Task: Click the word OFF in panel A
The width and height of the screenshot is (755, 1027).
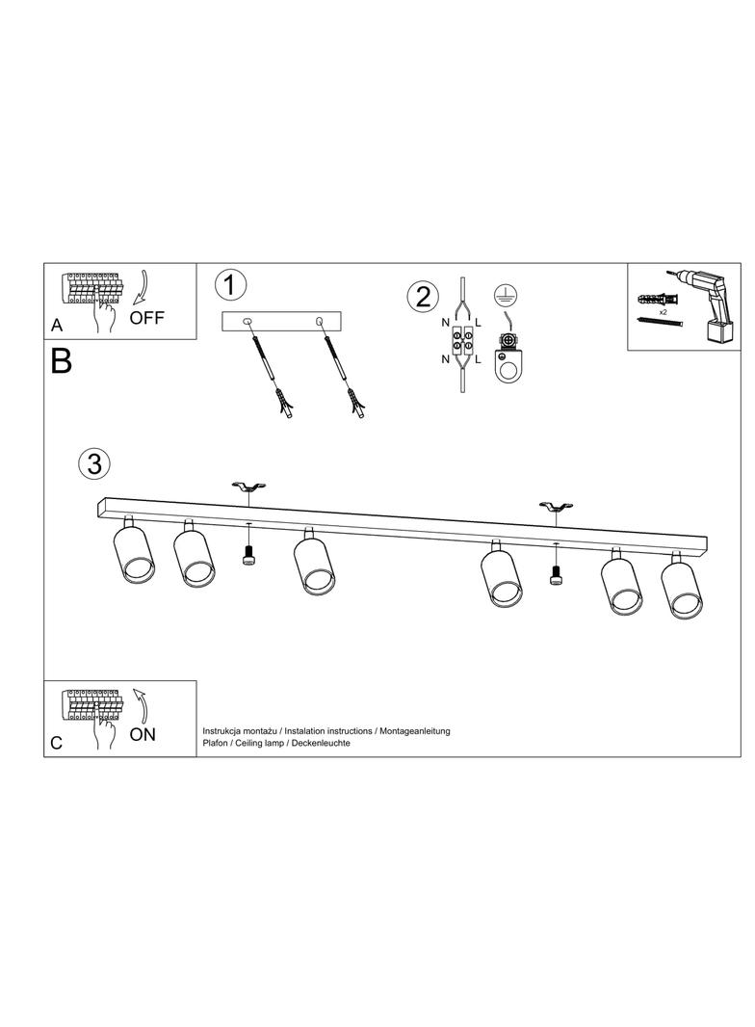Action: pos(146,318)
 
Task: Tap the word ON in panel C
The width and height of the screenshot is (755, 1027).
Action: pos(143,734)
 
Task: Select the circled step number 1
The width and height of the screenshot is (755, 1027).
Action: pos(230,285)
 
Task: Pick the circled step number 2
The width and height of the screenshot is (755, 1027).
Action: pos(423,297)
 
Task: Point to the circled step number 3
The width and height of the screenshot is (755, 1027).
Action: pos(94,463)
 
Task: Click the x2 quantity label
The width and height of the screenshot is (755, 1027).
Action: pos(664,313)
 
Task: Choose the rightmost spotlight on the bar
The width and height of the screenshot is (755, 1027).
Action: pos(682,586)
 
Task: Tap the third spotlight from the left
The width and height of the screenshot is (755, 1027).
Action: pos(316,563)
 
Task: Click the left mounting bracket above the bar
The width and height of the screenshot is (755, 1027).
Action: pos(248,487)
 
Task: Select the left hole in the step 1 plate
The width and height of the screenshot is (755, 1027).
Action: pos(247,321)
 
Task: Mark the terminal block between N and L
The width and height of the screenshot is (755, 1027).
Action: pos(462,340)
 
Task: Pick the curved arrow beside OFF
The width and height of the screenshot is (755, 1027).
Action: pos(143,289)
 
